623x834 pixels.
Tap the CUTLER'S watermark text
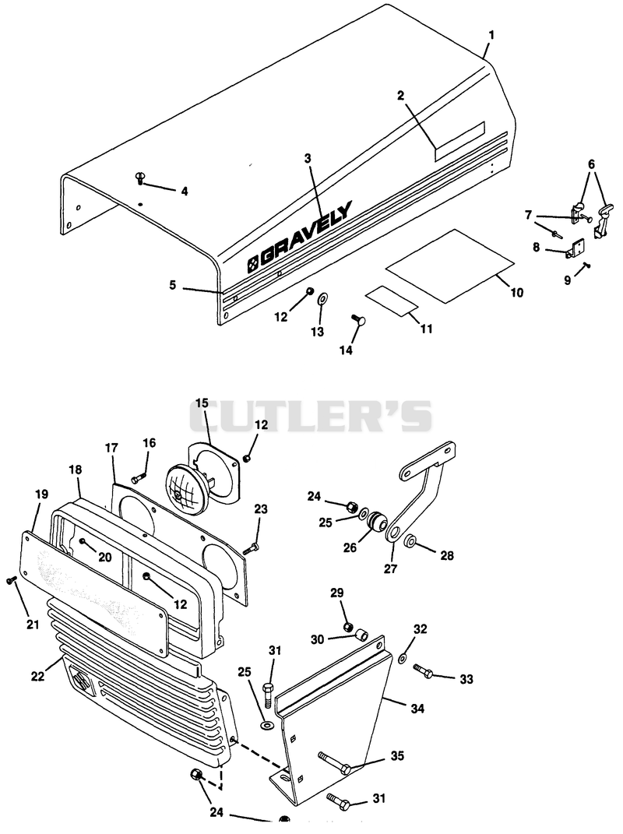(310, 416)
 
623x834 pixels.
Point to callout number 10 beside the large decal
(516, 292)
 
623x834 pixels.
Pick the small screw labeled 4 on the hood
(141, 178)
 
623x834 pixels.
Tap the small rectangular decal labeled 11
(391, 299)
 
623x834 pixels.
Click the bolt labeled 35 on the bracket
(334, 762)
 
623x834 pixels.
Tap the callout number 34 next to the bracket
(417, 708)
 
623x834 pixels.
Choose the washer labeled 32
(403, 659)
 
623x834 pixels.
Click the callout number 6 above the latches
(592, 164)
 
